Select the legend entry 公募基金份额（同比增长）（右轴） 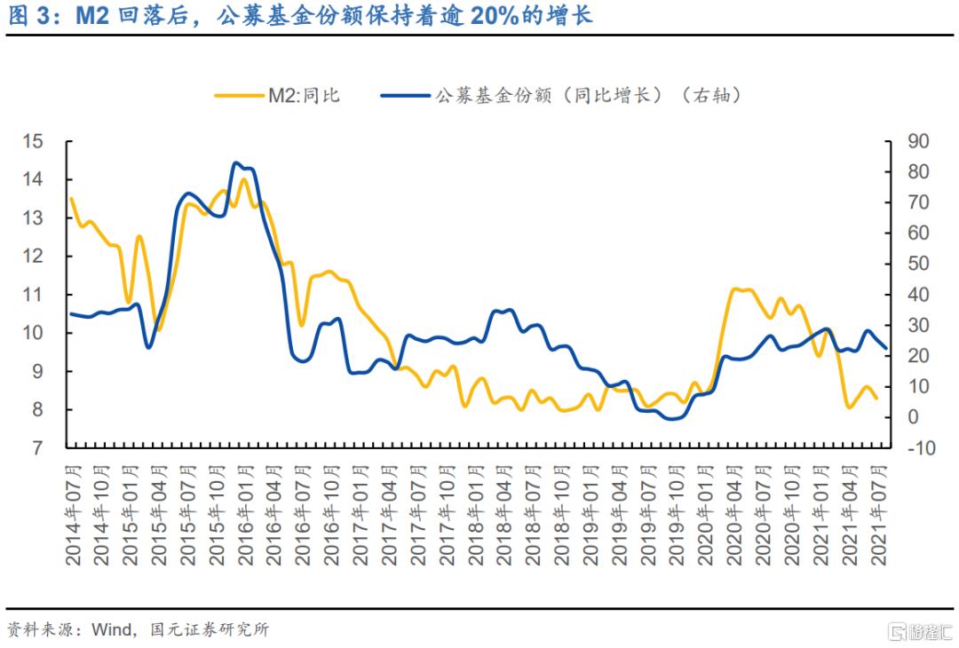[x=587, y=95]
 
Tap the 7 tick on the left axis [x=38, y=448]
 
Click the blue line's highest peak [x=235, y=163]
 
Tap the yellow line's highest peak [x=243, y=179]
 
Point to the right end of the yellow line [x=877, y=399]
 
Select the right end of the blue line [x=885, y=348]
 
